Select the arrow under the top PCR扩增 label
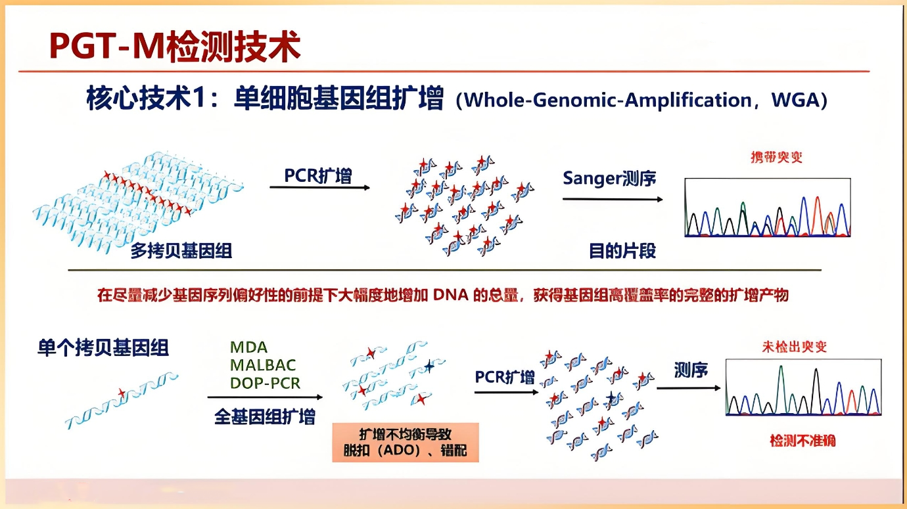point(319,188)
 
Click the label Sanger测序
point(609,178)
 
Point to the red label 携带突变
point(776,157)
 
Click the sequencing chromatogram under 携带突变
point(767,208)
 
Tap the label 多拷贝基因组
point(181,251)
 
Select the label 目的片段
point(622,251)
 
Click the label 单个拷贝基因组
point(103,347)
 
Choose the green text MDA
point(248,347)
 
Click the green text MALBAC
point(263,365)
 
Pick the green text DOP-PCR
point(265,383)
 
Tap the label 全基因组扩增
point(264,416)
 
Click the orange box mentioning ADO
point(405,442)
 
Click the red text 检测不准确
point(802,440)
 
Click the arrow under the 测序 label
point(688,387)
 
